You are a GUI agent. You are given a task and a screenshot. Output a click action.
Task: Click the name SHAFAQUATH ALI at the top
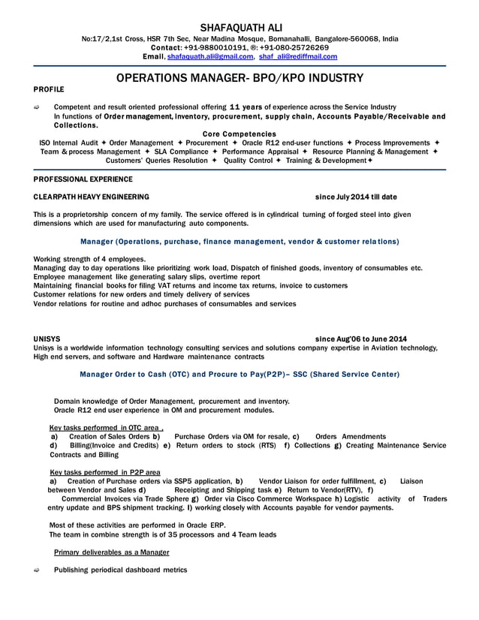(239, 26)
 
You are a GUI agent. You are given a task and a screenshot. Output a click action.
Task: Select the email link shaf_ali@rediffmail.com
(298, 56)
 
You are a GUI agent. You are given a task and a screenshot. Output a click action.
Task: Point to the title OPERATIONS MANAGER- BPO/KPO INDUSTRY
(240, 78)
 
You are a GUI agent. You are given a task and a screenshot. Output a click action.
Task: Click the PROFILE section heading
(49, 89)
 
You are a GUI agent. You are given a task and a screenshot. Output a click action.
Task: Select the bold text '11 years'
(245, 107)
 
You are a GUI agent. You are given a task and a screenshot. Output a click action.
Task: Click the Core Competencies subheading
(239, 134)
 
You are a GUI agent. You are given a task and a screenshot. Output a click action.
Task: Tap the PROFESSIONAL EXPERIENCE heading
(83, 179)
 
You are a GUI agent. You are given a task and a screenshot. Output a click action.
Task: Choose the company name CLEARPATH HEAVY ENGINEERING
(92, 197)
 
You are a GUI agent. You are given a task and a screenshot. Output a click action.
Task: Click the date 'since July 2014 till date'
(356, 197)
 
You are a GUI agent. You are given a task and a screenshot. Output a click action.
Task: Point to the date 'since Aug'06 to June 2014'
(361, 339)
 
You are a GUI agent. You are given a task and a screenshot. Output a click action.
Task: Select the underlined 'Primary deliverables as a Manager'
(112, 552)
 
